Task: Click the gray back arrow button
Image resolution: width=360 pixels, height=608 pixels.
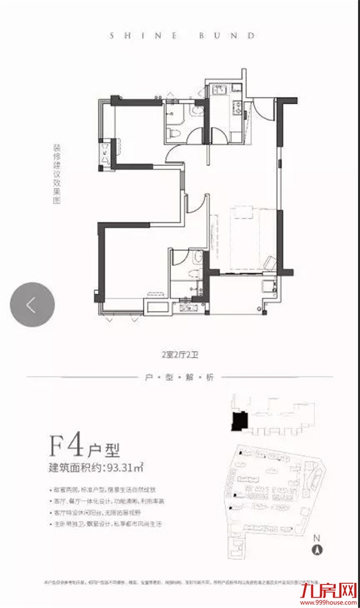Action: (32, 305)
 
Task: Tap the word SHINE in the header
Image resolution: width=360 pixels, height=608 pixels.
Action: (131, 35)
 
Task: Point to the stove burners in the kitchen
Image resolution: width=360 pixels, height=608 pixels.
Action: (236, 107)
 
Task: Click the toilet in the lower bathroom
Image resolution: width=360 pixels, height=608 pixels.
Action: (195, 259)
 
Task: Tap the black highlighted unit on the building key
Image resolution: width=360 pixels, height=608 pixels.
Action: (237, 421)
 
